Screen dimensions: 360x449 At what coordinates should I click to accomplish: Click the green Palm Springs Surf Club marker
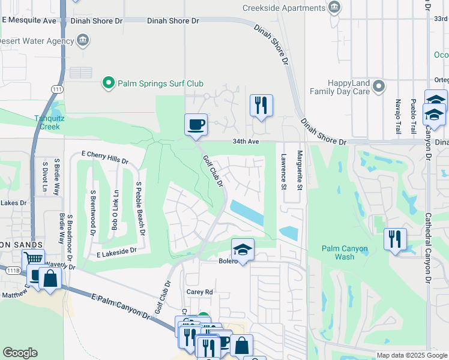coord(109,83)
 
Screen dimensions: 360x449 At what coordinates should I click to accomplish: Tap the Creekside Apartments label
coord(284,8)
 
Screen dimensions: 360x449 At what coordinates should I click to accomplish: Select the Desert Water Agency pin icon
coord(83,41)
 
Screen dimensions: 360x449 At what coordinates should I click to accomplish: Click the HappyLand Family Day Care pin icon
coord(379,86)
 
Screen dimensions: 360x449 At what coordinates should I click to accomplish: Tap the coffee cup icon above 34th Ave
coord(196,125)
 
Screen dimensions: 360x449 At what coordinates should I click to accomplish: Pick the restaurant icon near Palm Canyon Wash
coord(395,239)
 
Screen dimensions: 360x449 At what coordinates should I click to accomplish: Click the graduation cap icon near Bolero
coord(243,249)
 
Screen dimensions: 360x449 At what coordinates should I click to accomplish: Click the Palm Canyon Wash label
coord(346,253)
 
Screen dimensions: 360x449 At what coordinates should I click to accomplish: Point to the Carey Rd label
coord(200,292)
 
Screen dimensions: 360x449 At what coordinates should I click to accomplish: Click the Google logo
coord(20,353)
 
